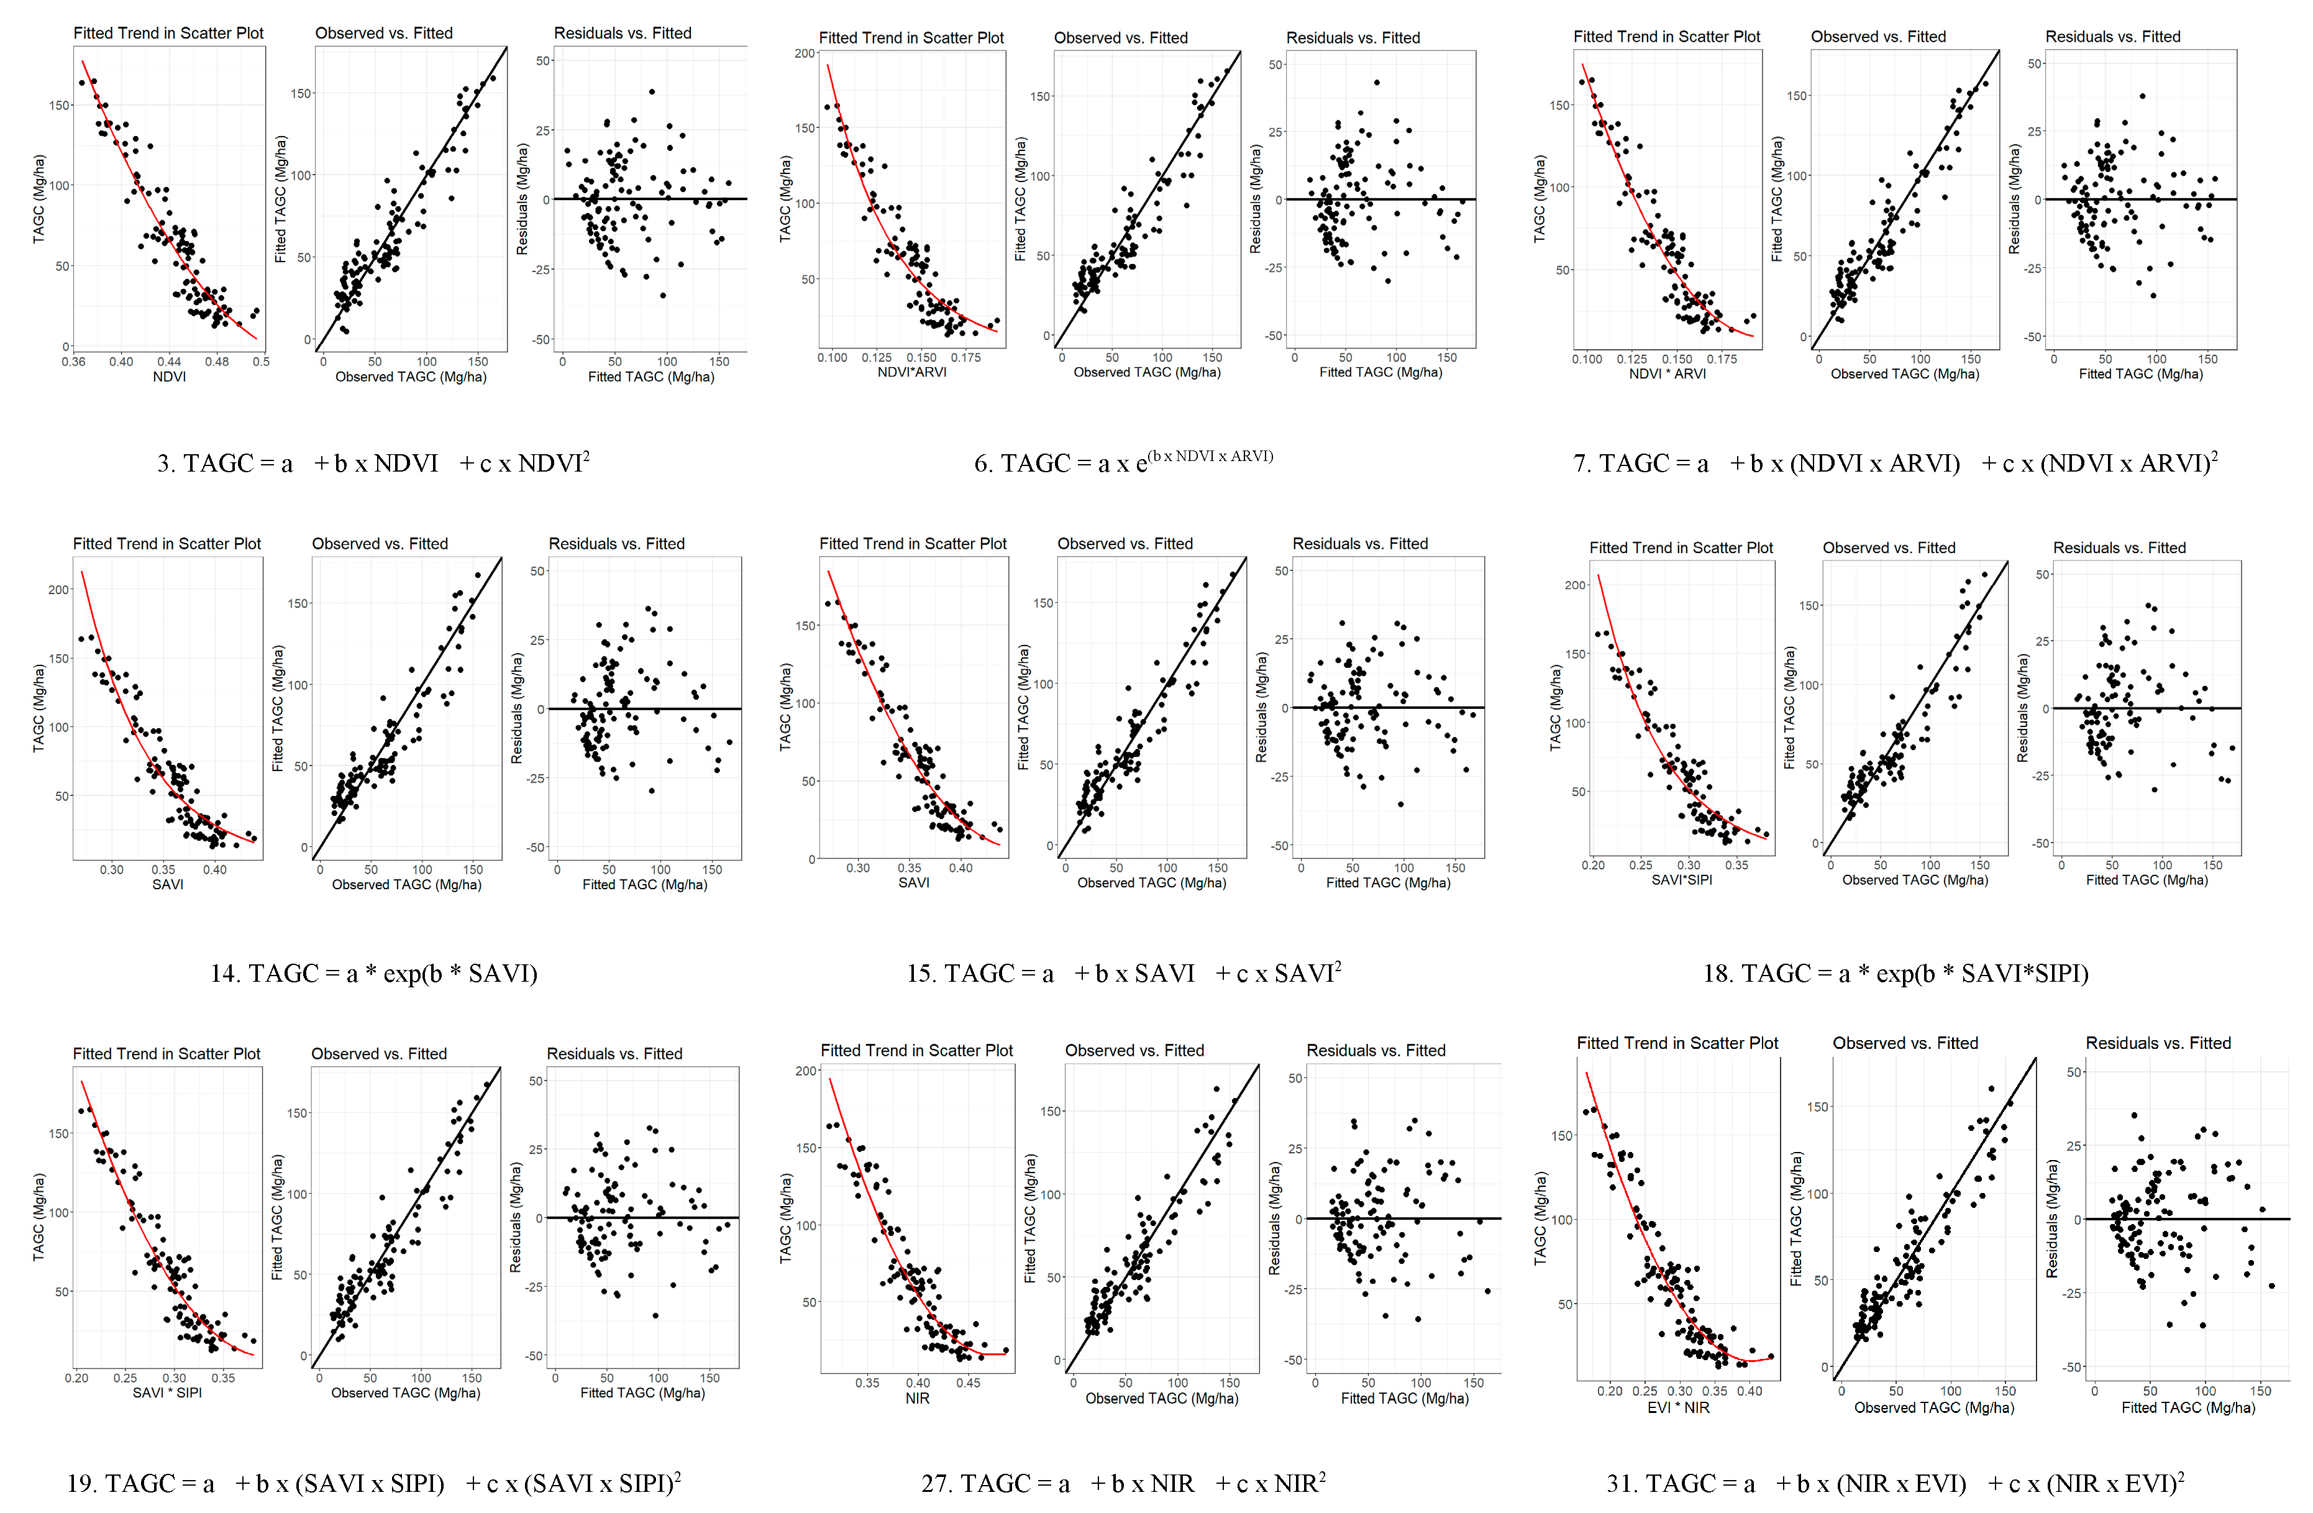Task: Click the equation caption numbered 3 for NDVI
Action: [373, 464]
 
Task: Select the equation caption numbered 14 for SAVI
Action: [373, 972]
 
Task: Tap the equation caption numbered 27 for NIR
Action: [1123, 1484]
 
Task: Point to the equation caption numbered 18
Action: [1895, 972]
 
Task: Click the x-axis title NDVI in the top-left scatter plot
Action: [169, 377]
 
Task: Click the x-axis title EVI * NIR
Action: [1679, 1407]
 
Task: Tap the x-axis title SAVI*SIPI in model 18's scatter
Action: [1681, 879]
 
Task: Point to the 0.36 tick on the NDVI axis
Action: [74, 362]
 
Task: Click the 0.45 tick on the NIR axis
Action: [968, 1383]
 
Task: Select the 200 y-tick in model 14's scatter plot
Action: [59, 589]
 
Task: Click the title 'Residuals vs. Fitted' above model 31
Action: [2158, 1043]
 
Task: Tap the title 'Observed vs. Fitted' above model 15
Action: [1125, 543]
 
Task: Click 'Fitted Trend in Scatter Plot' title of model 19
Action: [166, 1053]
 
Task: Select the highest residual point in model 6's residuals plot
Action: [1376, 83]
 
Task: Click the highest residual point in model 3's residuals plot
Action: [652, 93]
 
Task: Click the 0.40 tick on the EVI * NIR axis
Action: [1750, 1391]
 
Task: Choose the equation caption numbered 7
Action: [1895, 464]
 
